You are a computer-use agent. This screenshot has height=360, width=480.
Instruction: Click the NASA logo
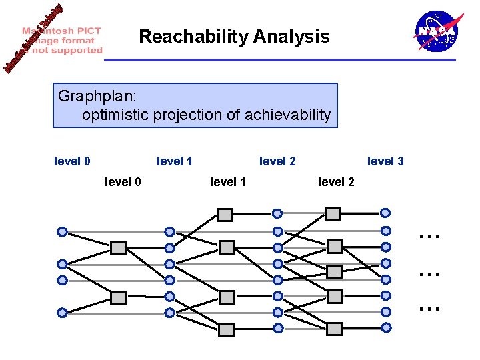pos(436,31)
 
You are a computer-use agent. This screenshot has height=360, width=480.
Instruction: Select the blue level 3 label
pos(385,161)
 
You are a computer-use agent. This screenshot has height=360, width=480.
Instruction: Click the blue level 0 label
pos(72,161)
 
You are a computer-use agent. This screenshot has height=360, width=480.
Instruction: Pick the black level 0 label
pos(123,181)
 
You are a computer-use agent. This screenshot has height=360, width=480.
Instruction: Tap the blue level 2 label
pos(277,161)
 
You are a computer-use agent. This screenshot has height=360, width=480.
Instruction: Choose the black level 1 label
pos(228,181)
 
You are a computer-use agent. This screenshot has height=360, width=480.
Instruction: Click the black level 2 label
pos(336,181)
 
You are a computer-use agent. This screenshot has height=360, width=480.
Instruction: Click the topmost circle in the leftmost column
pos(62,232)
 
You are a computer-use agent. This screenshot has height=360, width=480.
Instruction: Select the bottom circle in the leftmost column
pos(62,311)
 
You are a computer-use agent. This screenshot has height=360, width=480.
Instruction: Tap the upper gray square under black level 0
pos(118,248)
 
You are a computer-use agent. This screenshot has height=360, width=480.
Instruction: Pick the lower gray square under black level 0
pos(118,297)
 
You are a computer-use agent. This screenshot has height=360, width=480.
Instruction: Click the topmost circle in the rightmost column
pos(385,213)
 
